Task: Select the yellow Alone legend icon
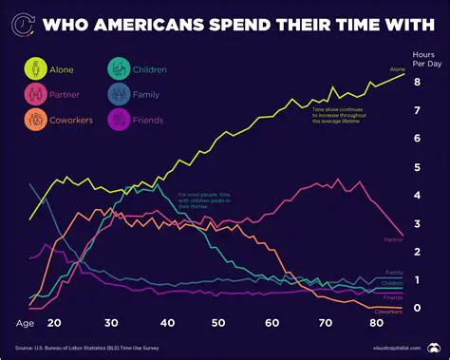(35, 68)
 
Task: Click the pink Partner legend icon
(35, 94)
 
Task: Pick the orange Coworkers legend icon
(35, 120)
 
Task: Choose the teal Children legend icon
(120, 68)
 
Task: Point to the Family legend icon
(120, 94)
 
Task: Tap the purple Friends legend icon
(120, 120)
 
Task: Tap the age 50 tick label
(222, 323)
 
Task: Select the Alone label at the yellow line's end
(397, 68)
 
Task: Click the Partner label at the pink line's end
(394, 240)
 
